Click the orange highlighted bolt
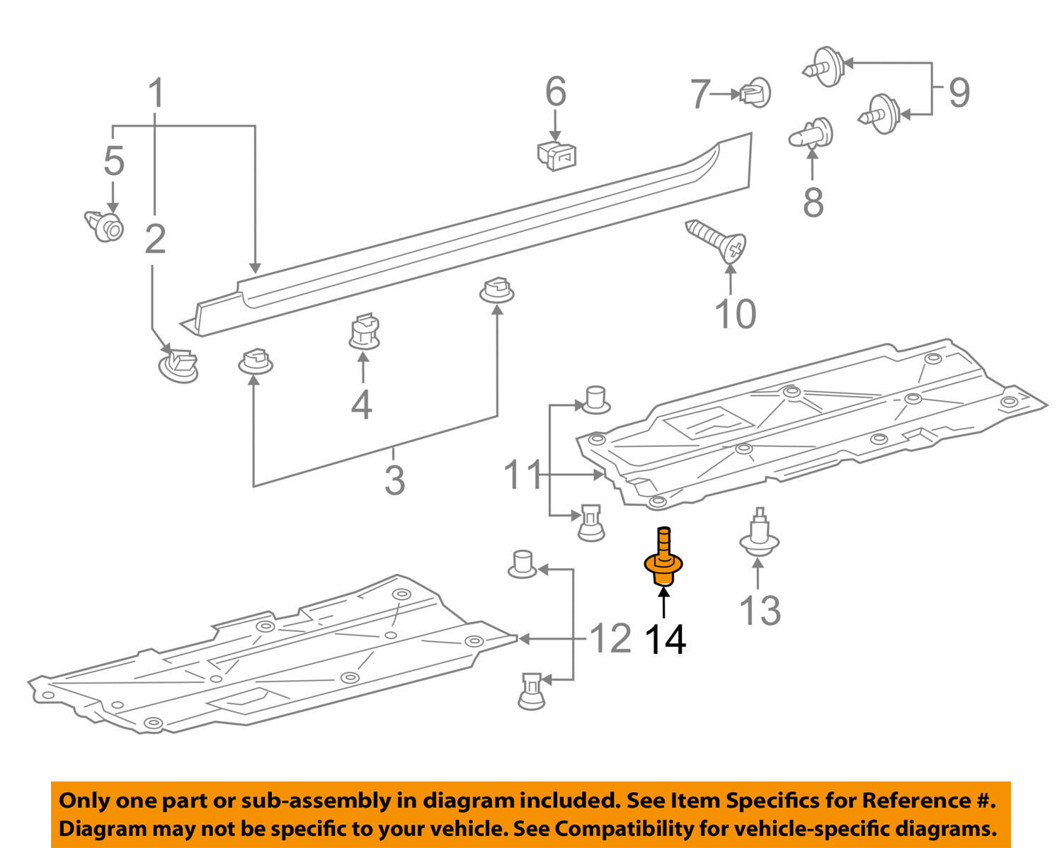663,562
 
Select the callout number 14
665,639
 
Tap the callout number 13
760,610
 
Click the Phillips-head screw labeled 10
716,239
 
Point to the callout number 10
735,313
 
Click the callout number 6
556,92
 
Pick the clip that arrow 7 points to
755,93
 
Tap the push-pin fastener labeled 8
811,133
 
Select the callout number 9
959,92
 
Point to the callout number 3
394,480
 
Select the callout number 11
523,475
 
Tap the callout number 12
610,639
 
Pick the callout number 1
156,94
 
